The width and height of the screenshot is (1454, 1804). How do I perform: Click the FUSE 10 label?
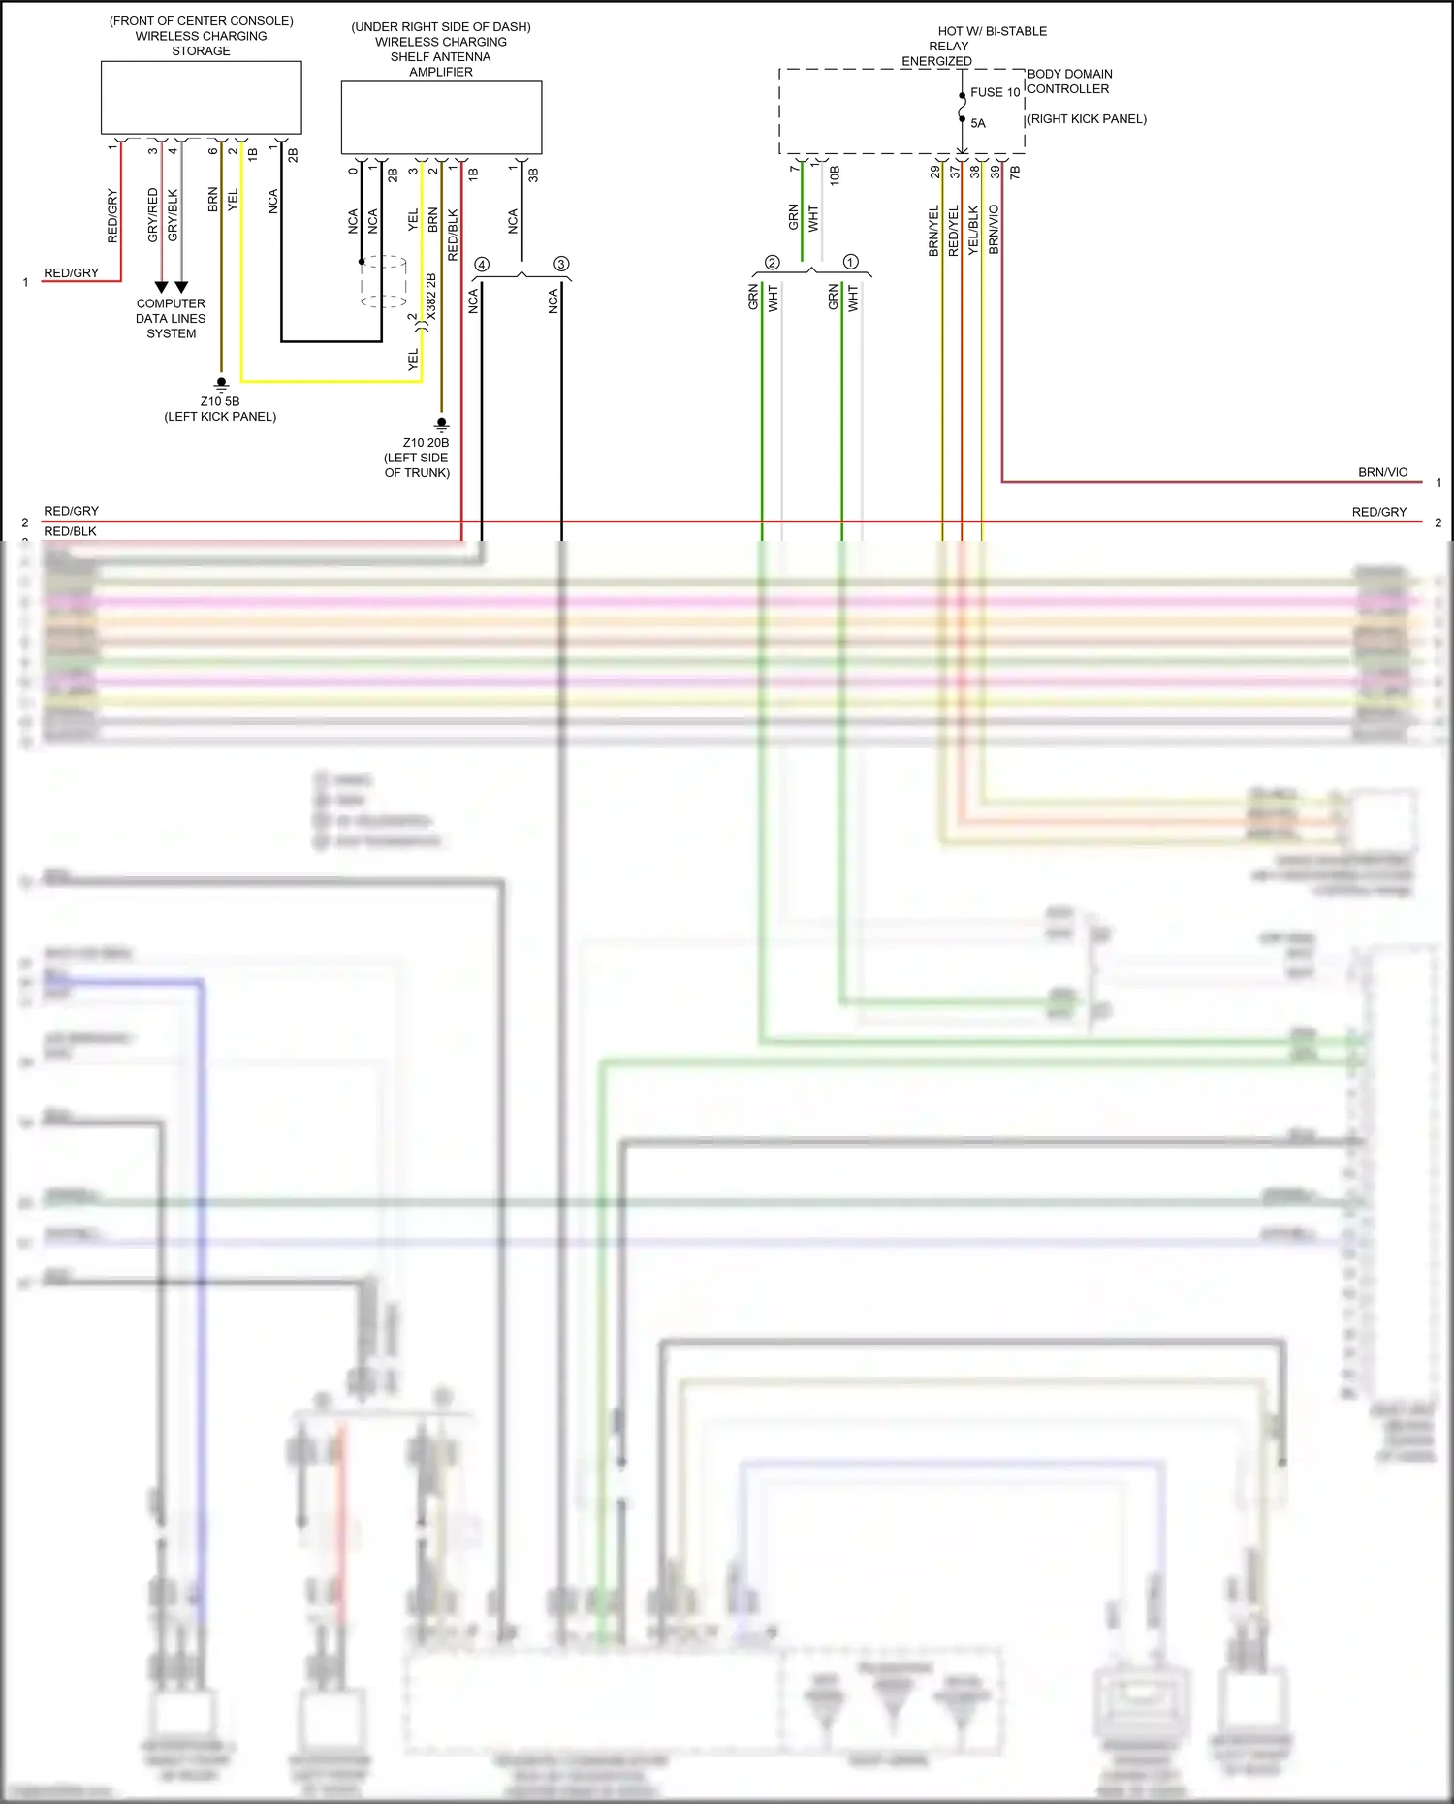tap(995, 92)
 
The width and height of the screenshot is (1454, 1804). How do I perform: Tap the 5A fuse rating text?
tap(978, 123)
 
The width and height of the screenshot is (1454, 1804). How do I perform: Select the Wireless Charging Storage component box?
tap(201, 98)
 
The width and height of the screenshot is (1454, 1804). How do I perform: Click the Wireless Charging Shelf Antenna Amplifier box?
tap(441, 117)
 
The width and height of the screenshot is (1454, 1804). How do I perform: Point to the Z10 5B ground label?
tap(220, 401)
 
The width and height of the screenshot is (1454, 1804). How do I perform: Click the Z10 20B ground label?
tap(426, 443)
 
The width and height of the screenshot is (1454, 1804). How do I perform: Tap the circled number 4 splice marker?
tap(482, 265)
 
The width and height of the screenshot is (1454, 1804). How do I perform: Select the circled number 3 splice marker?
tap(561, 264)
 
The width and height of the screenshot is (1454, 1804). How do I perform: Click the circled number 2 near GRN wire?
tap(772, 263)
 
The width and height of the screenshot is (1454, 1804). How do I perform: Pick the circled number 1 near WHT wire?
tap(851, 262)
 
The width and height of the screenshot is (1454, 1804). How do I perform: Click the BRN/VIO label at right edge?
tap(1382, 472)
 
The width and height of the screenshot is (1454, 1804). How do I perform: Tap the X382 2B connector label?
tap(431, 297)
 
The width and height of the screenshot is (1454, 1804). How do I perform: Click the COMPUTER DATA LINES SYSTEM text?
tap(171, 318)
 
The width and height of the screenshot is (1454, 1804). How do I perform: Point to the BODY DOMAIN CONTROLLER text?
tap(1069, 81)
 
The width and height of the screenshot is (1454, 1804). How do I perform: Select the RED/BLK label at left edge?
tap(70, 531)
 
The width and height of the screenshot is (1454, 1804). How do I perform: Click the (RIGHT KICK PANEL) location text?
tap(1087, 119)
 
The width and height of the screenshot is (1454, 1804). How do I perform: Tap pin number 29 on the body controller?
tap(935, 172)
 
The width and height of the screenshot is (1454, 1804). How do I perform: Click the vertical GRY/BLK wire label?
tap(173, 215)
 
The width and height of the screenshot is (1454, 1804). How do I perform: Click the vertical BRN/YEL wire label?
tap(933, 231)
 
